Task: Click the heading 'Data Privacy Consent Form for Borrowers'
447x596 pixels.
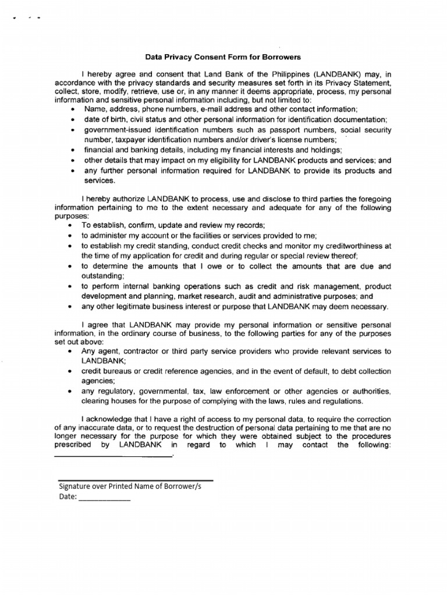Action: coord(223,57)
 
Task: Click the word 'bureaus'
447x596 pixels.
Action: coord(119,371)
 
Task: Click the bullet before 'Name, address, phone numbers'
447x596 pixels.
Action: coord(72,109)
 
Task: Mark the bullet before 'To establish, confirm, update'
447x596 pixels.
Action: coord(72,225)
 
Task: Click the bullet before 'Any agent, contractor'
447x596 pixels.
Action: coord(72,352)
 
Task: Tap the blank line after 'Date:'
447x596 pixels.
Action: coord(104,500)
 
